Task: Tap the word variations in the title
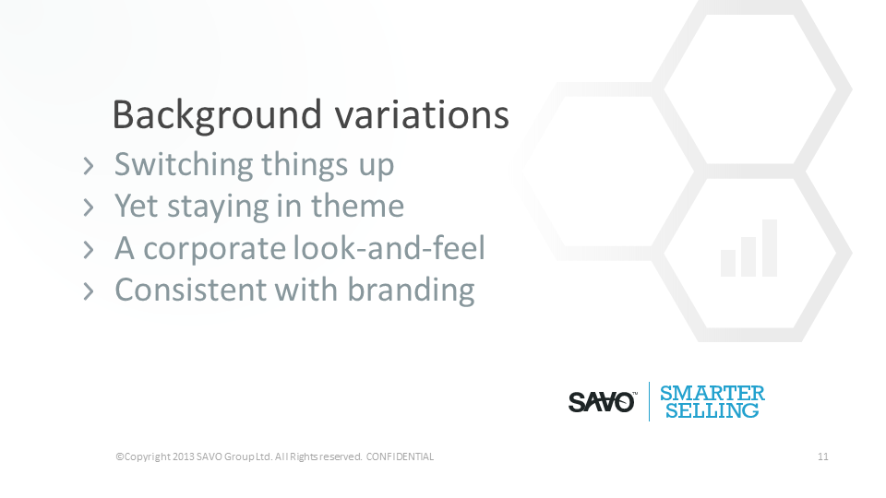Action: click(x=422, y=114)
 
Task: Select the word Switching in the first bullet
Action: click(x=184, y=165)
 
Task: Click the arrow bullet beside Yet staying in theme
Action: click(x=89, y=207)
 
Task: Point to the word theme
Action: click(x=358, y=206)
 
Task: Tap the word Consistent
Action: click(x=191, y=290)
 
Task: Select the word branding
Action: click(x=411, y=291)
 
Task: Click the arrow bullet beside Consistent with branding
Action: click(x=89, y=291)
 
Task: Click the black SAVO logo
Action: click(x=603, y=402)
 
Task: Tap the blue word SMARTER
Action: click(x=712, y=393)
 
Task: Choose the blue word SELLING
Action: click(x=712, y=410)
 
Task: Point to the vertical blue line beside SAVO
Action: click(x=649, y=401)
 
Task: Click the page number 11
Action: click(x=822, y=456)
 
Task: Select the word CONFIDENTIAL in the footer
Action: click(x=400, y=456)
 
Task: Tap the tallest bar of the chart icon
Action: click(x=770, y=248)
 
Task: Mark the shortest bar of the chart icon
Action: click(x=728, y=263)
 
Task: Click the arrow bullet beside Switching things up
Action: click(x=89, y=166)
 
